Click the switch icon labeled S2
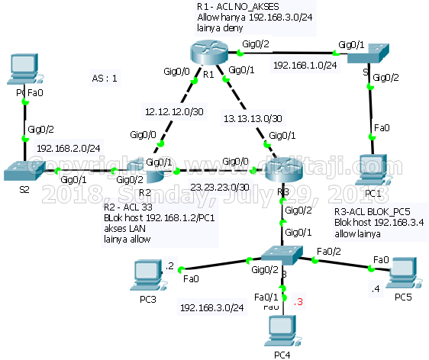[23, 171]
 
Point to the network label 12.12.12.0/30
[175, 112]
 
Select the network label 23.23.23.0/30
[221, 187]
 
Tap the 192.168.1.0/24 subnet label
[305, 66]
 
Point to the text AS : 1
[105, 78]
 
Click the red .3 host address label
[298, 302]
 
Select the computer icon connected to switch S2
[21, 71]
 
